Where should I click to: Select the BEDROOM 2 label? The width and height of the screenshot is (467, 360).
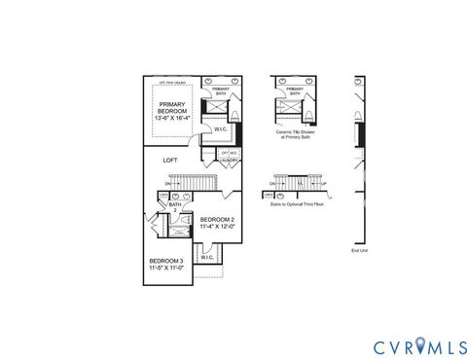click(217, 220)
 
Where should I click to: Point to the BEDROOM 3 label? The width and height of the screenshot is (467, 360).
click(165, 261)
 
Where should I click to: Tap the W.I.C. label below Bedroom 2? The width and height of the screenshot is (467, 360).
click(207, 258)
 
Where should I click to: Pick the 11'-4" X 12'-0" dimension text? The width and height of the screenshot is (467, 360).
click(217, 228)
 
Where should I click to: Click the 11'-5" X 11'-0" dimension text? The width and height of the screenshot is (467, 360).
click(165, 269)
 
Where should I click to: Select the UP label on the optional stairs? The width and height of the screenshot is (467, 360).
click(323, 183)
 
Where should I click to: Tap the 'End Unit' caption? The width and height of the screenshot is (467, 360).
click(360, 250)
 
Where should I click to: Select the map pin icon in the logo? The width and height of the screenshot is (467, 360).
click(420, 345)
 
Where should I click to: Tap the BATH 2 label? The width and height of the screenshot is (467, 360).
click(175, 206)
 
